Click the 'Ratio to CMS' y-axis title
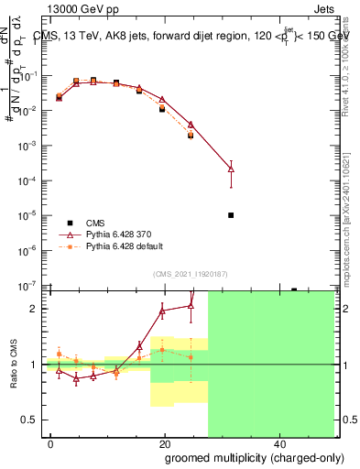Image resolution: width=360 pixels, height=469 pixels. [x=12, y=365]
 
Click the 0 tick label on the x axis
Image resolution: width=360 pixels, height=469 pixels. [x=51, y=443]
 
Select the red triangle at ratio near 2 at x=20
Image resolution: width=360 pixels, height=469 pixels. [x=162, y=311]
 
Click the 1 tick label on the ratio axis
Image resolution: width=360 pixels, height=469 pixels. [x=36, y=365]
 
